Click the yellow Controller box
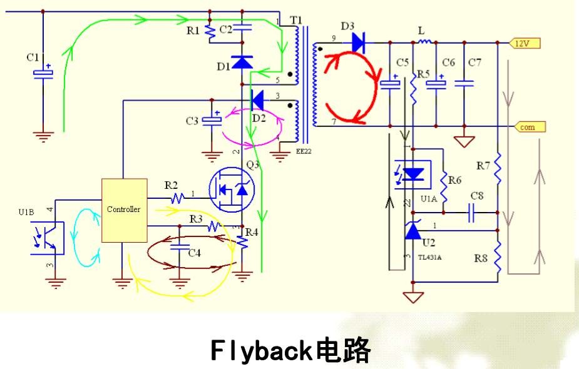pyautogui.click(x=124, y=210)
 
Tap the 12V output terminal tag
pyautogui.click(x=523, y=43)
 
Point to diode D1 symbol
pyautogui.click(x=242, y=61)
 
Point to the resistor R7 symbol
pyautogui.click(x=498, y=166)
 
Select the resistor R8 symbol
pyautogui.click(x=498, y=256)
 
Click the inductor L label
pyautogui.click(x=421, y=30)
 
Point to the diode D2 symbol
pyautogui.click(x=256, y=99)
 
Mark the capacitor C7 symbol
pyautogui.click(x=464, y=83)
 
